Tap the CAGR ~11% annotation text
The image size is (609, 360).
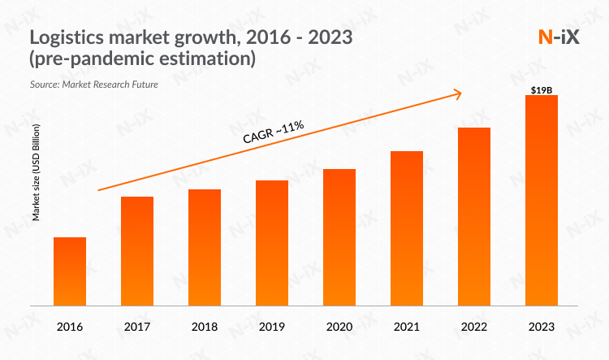[x=274, y=132]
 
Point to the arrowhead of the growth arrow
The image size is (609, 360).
[x=459, y=93]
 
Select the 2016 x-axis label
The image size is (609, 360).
[x=70, y=327]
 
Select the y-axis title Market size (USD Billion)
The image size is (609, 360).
[x=37, y=172]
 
